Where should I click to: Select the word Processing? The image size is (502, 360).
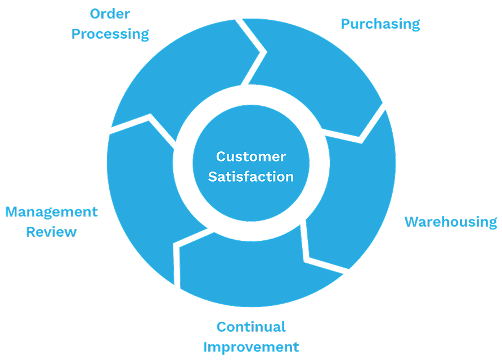tap(110, 34)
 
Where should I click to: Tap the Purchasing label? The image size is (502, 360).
tap(380, 24)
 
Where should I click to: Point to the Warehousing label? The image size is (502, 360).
tap(451, 222)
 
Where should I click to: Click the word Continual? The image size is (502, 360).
tap(251, 327)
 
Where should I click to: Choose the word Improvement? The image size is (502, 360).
tap(251, 346)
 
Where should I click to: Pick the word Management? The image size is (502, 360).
tap(51, 212)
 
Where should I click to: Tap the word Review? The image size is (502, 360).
tap(51, 231)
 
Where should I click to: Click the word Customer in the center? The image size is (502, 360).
tap(251, 156)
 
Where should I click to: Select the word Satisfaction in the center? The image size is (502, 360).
tap(251, 177)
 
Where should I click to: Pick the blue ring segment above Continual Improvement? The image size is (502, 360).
tap(248, 270)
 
